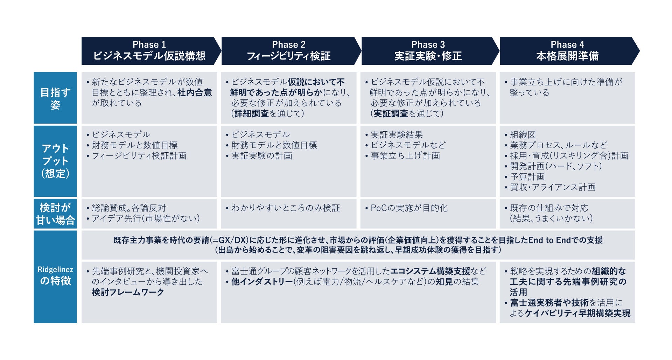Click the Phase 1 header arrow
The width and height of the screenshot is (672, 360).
pos(149,51)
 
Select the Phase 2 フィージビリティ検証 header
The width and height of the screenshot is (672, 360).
pos(289,51)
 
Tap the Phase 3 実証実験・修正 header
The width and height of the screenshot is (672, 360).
pos(428,51)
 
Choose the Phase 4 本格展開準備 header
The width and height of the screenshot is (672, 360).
pos(567,51)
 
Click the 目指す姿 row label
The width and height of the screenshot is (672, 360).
pos(55,98)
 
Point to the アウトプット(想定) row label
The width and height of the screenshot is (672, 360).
pos(55,161)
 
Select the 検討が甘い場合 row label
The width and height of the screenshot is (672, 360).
pos(55,214)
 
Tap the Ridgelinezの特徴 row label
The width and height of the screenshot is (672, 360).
pos(55,276)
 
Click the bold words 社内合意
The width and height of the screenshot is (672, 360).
pos(195,92)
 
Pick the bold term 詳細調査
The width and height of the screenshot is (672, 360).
pos(252,113)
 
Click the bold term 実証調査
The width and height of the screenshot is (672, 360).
pos(391,113)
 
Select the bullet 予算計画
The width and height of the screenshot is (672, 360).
pos(527,176)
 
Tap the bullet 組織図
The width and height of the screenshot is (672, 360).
pos(523,134)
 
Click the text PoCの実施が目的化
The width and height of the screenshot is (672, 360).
pos(409,208)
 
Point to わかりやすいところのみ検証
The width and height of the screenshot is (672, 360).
pos(285,208)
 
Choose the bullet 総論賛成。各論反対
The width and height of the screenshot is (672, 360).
pos(129,208)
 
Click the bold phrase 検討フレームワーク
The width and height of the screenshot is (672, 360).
pos(128,292)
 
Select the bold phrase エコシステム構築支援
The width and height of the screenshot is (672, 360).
pos(430,271)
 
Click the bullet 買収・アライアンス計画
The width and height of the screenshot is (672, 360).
pos(553,187)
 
